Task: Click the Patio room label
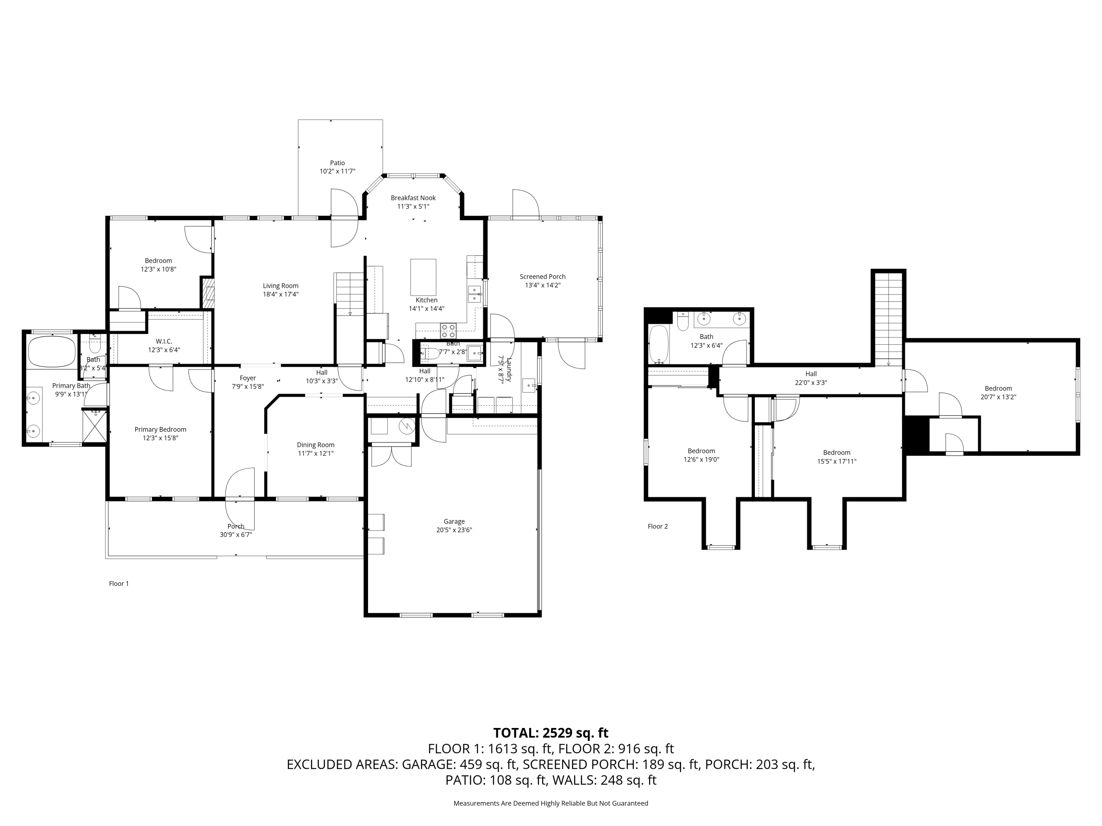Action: pos(337,163)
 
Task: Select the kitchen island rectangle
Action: pos(423,277)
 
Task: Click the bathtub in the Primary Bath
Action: pos(52,352)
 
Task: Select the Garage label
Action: pos(454,521)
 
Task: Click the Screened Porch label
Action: pos(543,277)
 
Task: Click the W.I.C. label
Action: pos(164,341)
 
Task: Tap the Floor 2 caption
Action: pos(658,526)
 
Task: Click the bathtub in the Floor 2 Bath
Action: pos(659,344)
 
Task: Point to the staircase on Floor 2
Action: pos(888,319)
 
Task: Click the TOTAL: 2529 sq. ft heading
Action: pos(551,733)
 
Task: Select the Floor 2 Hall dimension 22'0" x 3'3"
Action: pos(811,383)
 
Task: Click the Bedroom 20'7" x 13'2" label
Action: pos(998,388)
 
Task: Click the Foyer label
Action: pos(248,378)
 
